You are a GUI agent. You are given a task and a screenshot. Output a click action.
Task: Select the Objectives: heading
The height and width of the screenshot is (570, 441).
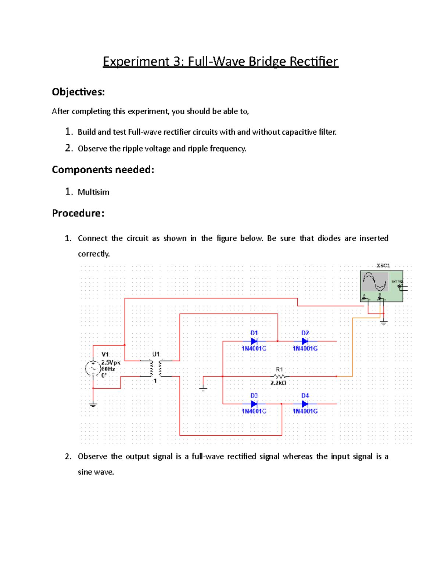pos(78,92)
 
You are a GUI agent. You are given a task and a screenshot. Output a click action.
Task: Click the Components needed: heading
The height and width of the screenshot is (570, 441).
pos(103,170)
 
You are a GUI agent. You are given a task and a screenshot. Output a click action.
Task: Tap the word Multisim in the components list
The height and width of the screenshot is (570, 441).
pos(93,192)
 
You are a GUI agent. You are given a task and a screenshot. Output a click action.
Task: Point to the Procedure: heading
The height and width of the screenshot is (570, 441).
pos(78,213)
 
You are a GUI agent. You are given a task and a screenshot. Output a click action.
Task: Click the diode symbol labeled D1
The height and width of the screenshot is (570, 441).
pos(254,341)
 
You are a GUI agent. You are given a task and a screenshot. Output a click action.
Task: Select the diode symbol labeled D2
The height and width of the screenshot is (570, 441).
pos(305,341)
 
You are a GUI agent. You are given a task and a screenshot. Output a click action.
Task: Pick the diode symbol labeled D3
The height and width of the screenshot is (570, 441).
pos(254,404)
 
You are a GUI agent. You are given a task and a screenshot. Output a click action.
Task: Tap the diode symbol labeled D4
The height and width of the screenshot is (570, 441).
pos(305,404)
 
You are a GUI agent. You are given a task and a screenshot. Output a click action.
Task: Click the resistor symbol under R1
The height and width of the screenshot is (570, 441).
pos(280,376)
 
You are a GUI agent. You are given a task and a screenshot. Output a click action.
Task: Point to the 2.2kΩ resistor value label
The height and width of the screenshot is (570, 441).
pos(278,383)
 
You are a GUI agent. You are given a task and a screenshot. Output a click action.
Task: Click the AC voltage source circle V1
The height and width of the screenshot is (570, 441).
pos(93,368)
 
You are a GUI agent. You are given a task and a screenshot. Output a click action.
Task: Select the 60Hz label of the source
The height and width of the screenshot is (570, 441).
pos(108,369)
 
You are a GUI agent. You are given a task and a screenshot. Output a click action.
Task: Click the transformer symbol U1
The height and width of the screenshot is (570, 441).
pos(156,368)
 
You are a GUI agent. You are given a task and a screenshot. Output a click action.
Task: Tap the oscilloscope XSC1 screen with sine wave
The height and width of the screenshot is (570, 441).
pos(375,282)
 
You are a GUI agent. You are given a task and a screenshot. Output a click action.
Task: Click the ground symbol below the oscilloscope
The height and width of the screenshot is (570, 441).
pos(384,323)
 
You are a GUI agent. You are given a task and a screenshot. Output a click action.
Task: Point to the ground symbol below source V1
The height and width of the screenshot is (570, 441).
pos(93,404)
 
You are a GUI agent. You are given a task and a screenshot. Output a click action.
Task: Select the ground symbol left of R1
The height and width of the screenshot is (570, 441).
pos(203,389)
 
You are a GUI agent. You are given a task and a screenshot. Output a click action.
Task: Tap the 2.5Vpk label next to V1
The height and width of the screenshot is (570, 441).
pos(111,362)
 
